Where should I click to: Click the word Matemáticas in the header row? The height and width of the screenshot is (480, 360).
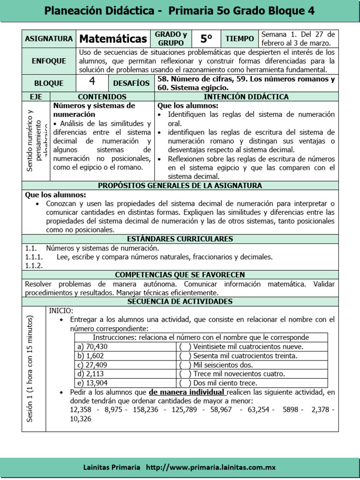click(113, 38)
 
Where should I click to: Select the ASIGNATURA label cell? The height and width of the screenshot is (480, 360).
click(49, 39)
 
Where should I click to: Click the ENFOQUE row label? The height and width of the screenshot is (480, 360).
click(49, 61)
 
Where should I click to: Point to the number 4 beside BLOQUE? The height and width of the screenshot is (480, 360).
click(92, 82)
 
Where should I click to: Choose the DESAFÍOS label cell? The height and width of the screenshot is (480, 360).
click(131, 83)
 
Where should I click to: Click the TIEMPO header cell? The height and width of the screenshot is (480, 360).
click(240, 38)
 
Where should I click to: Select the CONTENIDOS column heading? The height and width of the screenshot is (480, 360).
click(102, 97)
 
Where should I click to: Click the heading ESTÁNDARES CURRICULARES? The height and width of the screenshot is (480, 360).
click(180, 239)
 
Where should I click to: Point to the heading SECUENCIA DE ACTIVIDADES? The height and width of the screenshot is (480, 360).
click(180, 301)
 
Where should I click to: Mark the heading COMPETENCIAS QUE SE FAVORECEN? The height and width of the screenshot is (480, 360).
click(180, 275)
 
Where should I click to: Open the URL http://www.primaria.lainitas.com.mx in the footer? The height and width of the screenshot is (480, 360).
click(210, 467)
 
